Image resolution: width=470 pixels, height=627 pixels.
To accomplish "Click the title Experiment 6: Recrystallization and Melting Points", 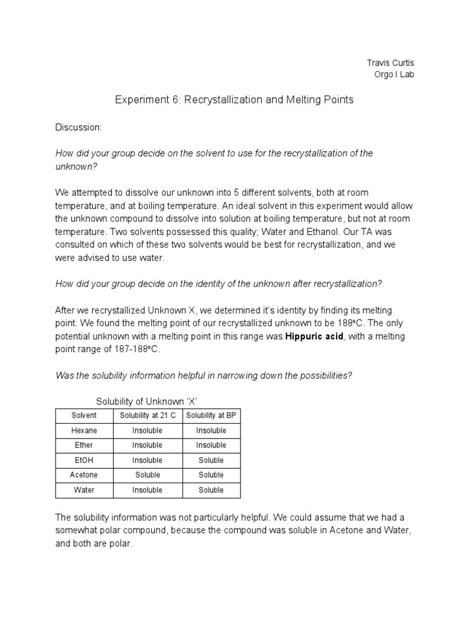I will pos(234,100).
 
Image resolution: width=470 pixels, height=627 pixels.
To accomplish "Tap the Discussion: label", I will pos(78,127).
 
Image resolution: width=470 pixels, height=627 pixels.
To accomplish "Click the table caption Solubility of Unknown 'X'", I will pos(147,401).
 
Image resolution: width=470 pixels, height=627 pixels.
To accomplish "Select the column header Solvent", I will pos(84,416).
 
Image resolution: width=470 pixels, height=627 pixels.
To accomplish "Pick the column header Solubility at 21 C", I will pos(147,416).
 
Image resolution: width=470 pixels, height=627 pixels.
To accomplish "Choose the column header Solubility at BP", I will pos(211,416).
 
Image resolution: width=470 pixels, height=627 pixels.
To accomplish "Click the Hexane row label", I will pos(84,430).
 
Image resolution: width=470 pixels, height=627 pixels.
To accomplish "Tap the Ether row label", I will pos(84,445).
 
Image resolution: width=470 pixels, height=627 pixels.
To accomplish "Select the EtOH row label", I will pos(84,460).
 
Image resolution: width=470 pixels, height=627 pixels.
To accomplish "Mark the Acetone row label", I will pos(84,475).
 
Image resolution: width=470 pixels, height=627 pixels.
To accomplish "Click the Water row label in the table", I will pos(84,490).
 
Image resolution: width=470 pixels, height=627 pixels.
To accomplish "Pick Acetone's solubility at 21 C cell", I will pos(147,475).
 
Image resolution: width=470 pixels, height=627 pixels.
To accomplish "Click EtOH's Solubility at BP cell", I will pos(211,460).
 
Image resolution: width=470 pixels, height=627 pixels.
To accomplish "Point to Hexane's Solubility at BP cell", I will pos(211,430).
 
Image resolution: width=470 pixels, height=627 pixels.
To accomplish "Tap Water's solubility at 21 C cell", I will pos(147,490).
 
